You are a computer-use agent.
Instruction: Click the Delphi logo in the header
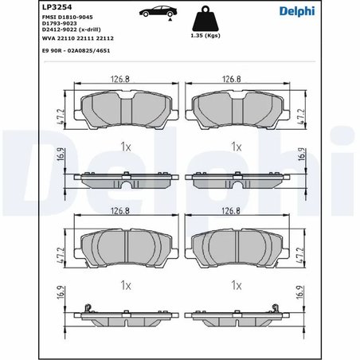coord(322,9)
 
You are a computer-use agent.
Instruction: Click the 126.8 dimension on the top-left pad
coord(121,79)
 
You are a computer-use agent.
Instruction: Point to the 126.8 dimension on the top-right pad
coord(232,79)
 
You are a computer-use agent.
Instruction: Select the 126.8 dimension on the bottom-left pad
coord(121,212)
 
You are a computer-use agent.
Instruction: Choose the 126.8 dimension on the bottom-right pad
coord(232,212)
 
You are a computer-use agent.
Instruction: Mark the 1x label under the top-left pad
coord(124,147)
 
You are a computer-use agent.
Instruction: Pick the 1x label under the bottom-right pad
coord(235,284)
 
